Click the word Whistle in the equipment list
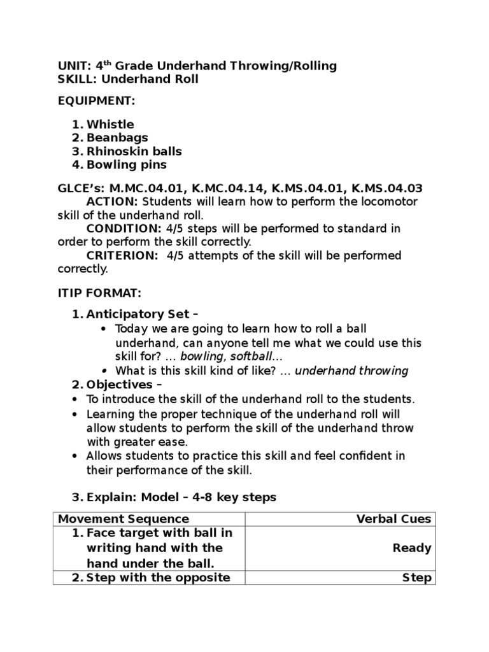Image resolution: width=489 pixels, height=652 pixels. [110, 124]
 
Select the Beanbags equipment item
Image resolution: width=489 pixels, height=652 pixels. [117, 138]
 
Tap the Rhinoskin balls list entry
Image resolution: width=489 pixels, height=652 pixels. [134, 152]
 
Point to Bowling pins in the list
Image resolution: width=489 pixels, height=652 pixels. [127, 165]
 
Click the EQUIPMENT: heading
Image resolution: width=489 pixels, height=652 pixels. [96, 101]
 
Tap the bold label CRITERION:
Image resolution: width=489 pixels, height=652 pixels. [122, 255]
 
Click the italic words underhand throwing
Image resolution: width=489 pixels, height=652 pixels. [352, 371]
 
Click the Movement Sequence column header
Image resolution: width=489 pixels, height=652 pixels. [124, 519]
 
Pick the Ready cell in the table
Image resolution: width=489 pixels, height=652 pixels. [412, 548]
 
